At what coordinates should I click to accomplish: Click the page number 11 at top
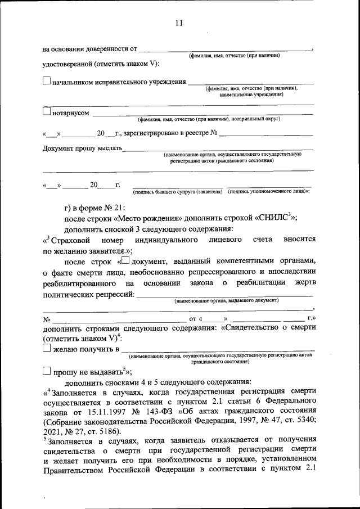179,23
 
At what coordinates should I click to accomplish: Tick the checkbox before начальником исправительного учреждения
47,82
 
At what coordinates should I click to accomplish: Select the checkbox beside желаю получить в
47,349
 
